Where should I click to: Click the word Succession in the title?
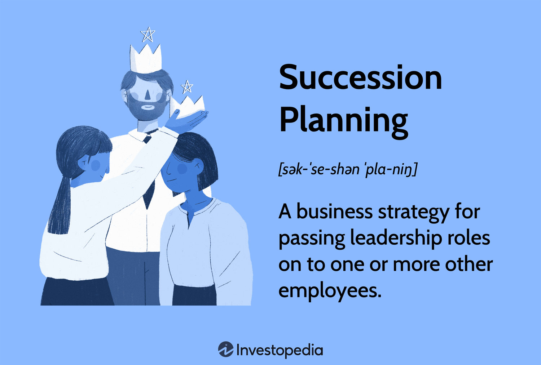pos(360,77)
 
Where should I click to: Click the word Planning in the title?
pos(343,120)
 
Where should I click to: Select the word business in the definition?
pos(334,212)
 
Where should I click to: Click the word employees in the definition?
pos(330,290)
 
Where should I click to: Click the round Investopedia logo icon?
pos(226,350)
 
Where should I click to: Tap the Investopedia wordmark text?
pos(280,350)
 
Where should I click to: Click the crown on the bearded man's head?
pos(146,59)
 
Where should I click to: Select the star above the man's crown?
pos(148,35)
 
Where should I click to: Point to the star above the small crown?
pos(187,87)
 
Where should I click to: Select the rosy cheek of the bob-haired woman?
pos(182,169)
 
